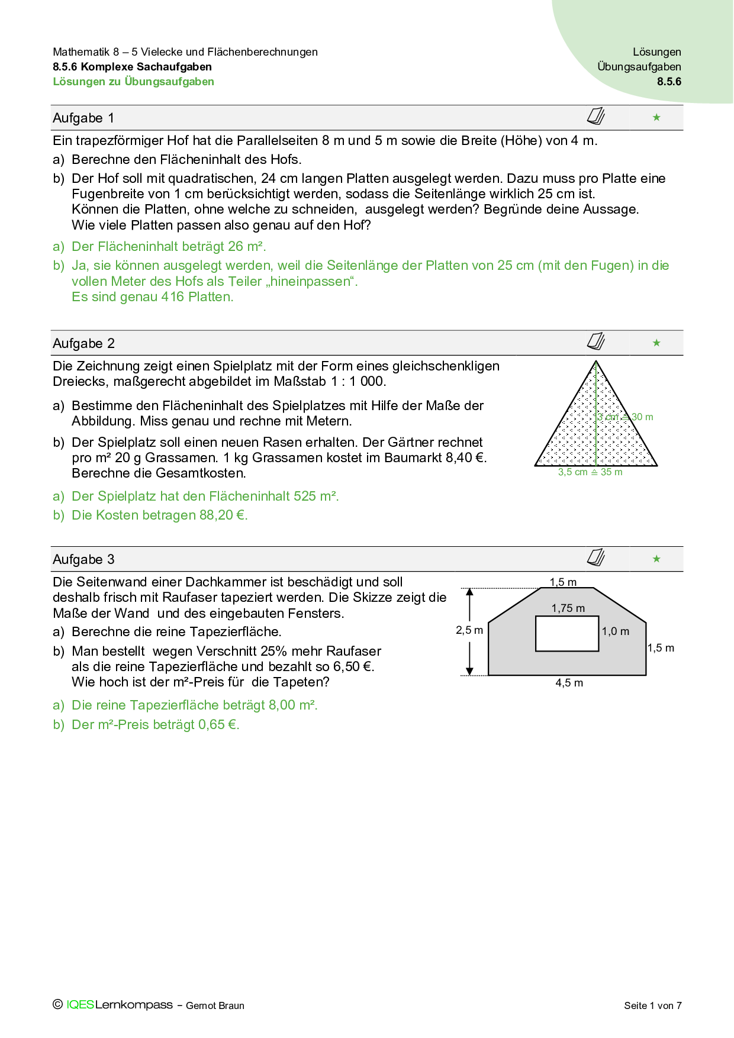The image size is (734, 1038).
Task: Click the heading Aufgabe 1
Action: coord(83,118)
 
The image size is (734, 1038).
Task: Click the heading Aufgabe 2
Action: coord(83,343)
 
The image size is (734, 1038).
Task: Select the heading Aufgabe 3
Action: coord(83,559)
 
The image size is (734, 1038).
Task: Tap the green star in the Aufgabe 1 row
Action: coord(656,118)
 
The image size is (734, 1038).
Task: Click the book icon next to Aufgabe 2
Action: coord(596,341)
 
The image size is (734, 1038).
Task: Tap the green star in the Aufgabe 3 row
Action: coord(656,559)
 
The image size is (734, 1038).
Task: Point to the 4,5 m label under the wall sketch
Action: coord(569,683)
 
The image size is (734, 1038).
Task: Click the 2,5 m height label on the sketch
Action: coord(469,630)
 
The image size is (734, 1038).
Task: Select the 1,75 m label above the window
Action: coord(568,608)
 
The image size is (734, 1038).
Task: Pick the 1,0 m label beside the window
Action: coord(616,631)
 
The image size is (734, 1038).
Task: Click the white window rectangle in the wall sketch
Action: coord(567,634)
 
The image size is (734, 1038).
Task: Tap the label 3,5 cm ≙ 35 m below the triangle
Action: coord(590,472)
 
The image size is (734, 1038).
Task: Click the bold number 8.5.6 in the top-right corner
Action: coord(669,82)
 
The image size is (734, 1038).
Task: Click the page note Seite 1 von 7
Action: coord(652,1005)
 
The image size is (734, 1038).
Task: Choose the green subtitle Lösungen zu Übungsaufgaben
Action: coord(133,82)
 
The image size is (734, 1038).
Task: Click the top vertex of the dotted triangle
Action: coord(596,362)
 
